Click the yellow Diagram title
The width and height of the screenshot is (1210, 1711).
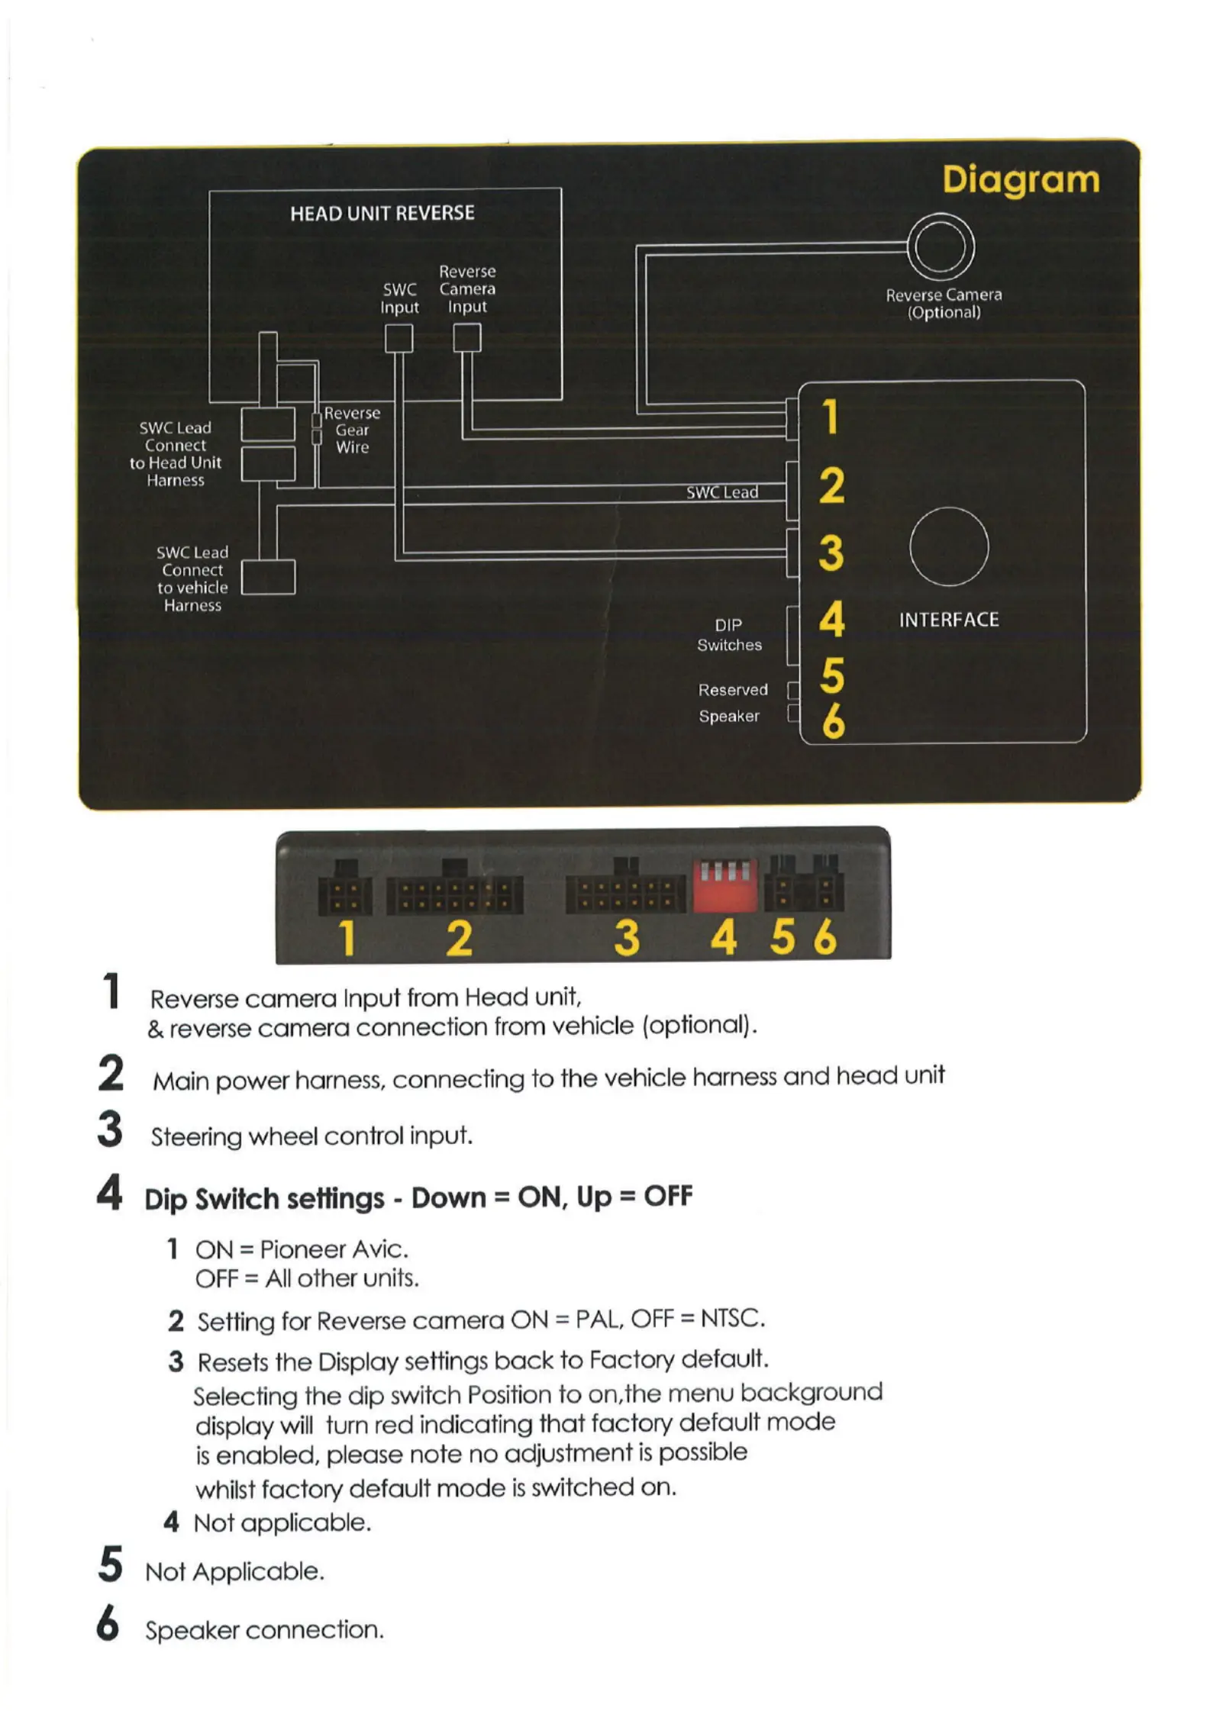click(1021, 181)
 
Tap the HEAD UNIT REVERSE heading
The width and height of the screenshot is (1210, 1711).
click(382, 213)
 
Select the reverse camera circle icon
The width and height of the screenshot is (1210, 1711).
click(941, 247)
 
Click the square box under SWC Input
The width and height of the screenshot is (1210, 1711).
click(398, 338)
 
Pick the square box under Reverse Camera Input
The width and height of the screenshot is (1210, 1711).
click(467, 337)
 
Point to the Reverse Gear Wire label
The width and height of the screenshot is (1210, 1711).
click(352, 430)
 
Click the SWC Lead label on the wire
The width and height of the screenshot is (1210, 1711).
click(722, 492)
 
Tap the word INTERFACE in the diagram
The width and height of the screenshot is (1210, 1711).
click(949, 620)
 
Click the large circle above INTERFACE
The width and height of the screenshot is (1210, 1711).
click(949, 546)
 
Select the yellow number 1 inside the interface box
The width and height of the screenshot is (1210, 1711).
click(830, 417)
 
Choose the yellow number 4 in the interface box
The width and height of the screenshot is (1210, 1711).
click(831, 619)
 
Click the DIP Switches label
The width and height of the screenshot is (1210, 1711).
click(729, 635)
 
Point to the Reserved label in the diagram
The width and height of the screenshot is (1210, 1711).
click(733, 690)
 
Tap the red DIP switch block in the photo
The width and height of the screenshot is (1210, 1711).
click(725, 885)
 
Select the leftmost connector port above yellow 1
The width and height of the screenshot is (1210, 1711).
click(345, 894)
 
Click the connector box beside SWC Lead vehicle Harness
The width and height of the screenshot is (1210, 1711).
click(269, 577)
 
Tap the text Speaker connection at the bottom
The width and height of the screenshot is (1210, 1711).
click(264, 1630)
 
